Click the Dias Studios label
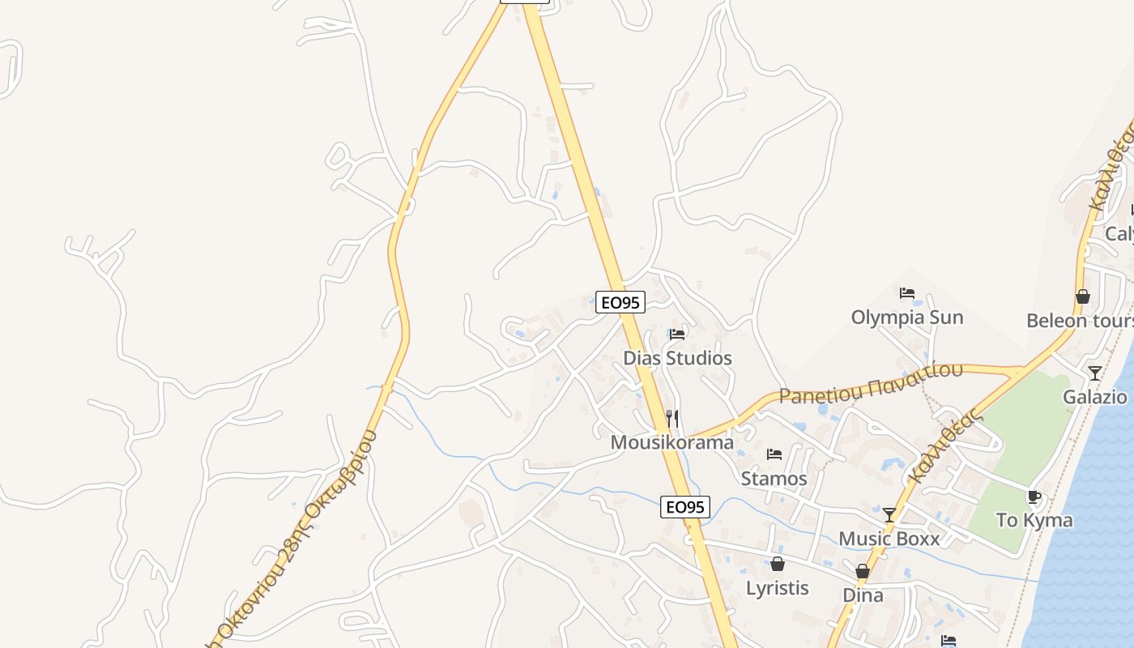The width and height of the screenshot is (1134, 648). tap(677, 358)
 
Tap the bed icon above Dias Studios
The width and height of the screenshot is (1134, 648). tap(677, 334)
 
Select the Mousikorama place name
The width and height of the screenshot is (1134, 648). tap(672, 442)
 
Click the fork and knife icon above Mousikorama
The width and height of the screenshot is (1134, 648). tap(672, 419)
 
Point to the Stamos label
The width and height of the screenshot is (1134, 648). tap(774, 479)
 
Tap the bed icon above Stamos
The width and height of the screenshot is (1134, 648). tap(774, 454)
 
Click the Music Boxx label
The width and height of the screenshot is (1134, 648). tap(889, 539)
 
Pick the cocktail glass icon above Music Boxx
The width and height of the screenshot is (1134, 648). tap(889, 515)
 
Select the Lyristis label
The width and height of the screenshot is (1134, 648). tap(778, 587)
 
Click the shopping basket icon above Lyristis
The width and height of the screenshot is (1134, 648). tap(778, 564)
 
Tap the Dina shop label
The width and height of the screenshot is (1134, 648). tap(863, 595)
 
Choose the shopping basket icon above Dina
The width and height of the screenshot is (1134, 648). tap(863, 571)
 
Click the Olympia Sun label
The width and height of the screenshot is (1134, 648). tap(907, 317)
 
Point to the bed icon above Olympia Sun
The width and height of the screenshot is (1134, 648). tap(907, 293)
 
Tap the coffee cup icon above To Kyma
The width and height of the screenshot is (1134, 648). tap(1034, 497)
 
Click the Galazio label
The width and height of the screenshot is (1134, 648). tap(1094, 397)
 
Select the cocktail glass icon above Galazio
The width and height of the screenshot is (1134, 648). tap(1094, 373)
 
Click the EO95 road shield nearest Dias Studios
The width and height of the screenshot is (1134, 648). tap(620, 303)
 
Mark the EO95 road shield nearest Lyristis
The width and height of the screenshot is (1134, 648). tap(685, 507)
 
